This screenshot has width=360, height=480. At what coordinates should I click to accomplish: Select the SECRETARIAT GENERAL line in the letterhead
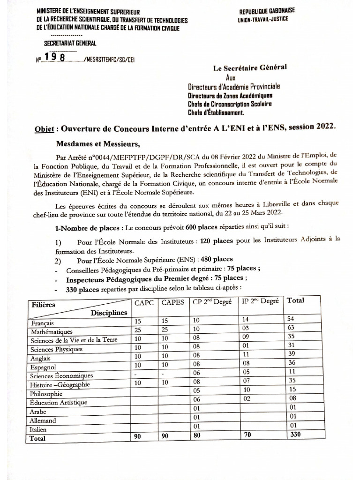(70, 43)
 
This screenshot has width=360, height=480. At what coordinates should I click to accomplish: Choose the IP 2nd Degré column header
(260, 301)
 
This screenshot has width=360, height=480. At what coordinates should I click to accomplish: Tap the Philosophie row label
(46, 394)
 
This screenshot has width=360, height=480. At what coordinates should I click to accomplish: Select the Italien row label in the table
(40, 429)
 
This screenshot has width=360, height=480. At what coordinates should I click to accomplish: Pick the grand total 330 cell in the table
(295, 435)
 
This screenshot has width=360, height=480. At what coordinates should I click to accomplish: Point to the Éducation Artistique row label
(59, 403)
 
